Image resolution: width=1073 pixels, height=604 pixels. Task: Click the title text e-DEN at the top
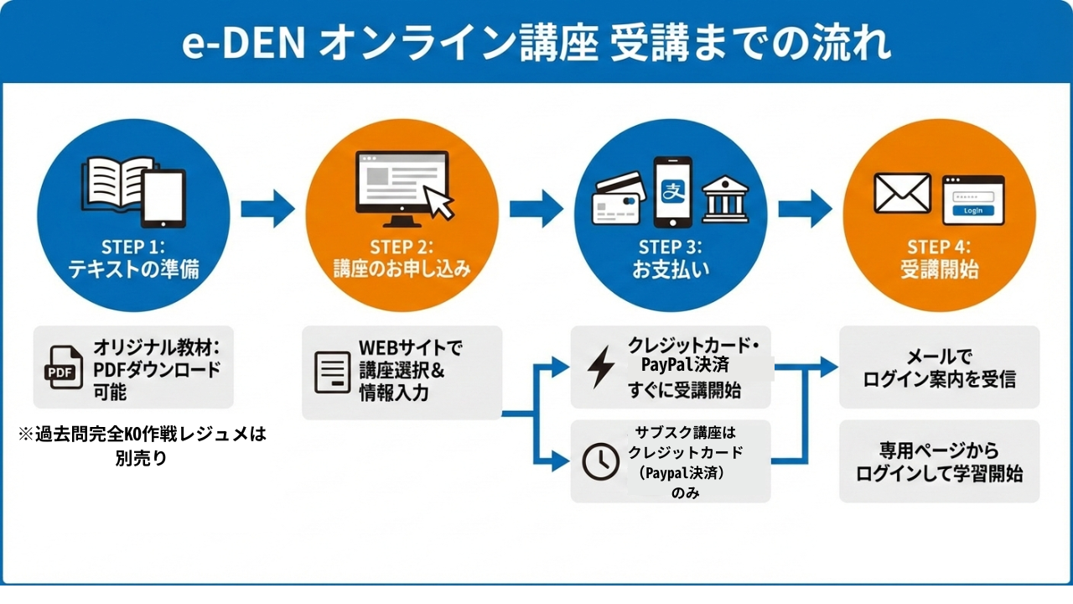(x=244, y=44)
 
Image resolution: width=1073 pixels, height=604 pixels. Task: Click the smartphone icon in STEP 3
(x=672, y=192)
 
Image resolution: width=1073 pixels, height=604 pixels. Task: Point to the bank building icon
(x=726, y=199)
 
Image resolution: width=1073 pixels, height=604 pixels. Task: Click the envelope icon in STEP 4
(x=902, y=193)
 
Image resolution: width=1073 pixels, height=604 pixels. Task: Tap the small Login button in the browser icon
(x=973, y=211)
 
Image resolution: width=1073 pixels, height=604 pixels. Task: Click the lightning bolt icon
(x=600, y=367)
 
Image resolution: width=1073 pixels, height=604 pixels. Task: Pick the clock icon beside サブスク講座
(x=600, y=461)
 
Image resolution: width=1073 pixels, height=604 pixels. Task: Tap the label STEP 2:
(x=402, y=247)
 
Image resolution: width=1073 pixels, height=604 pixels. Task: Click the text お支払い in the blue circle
(x=671, y=271)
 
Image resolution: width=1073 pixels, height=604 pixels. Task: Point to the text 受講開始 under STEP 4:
(x=939, y=271)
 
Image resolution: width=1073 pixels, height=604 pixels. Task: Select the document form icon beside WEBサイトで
(x=332, y=372)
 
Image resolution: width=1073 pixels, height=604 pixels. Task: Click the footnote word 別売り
(x=141, y=458)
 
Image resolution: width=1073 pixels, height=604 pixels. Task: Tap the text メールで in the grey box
(x=939, y=357)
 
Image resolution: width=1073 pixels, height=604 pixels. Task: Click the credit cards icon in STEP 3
(x=619, y=199)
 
